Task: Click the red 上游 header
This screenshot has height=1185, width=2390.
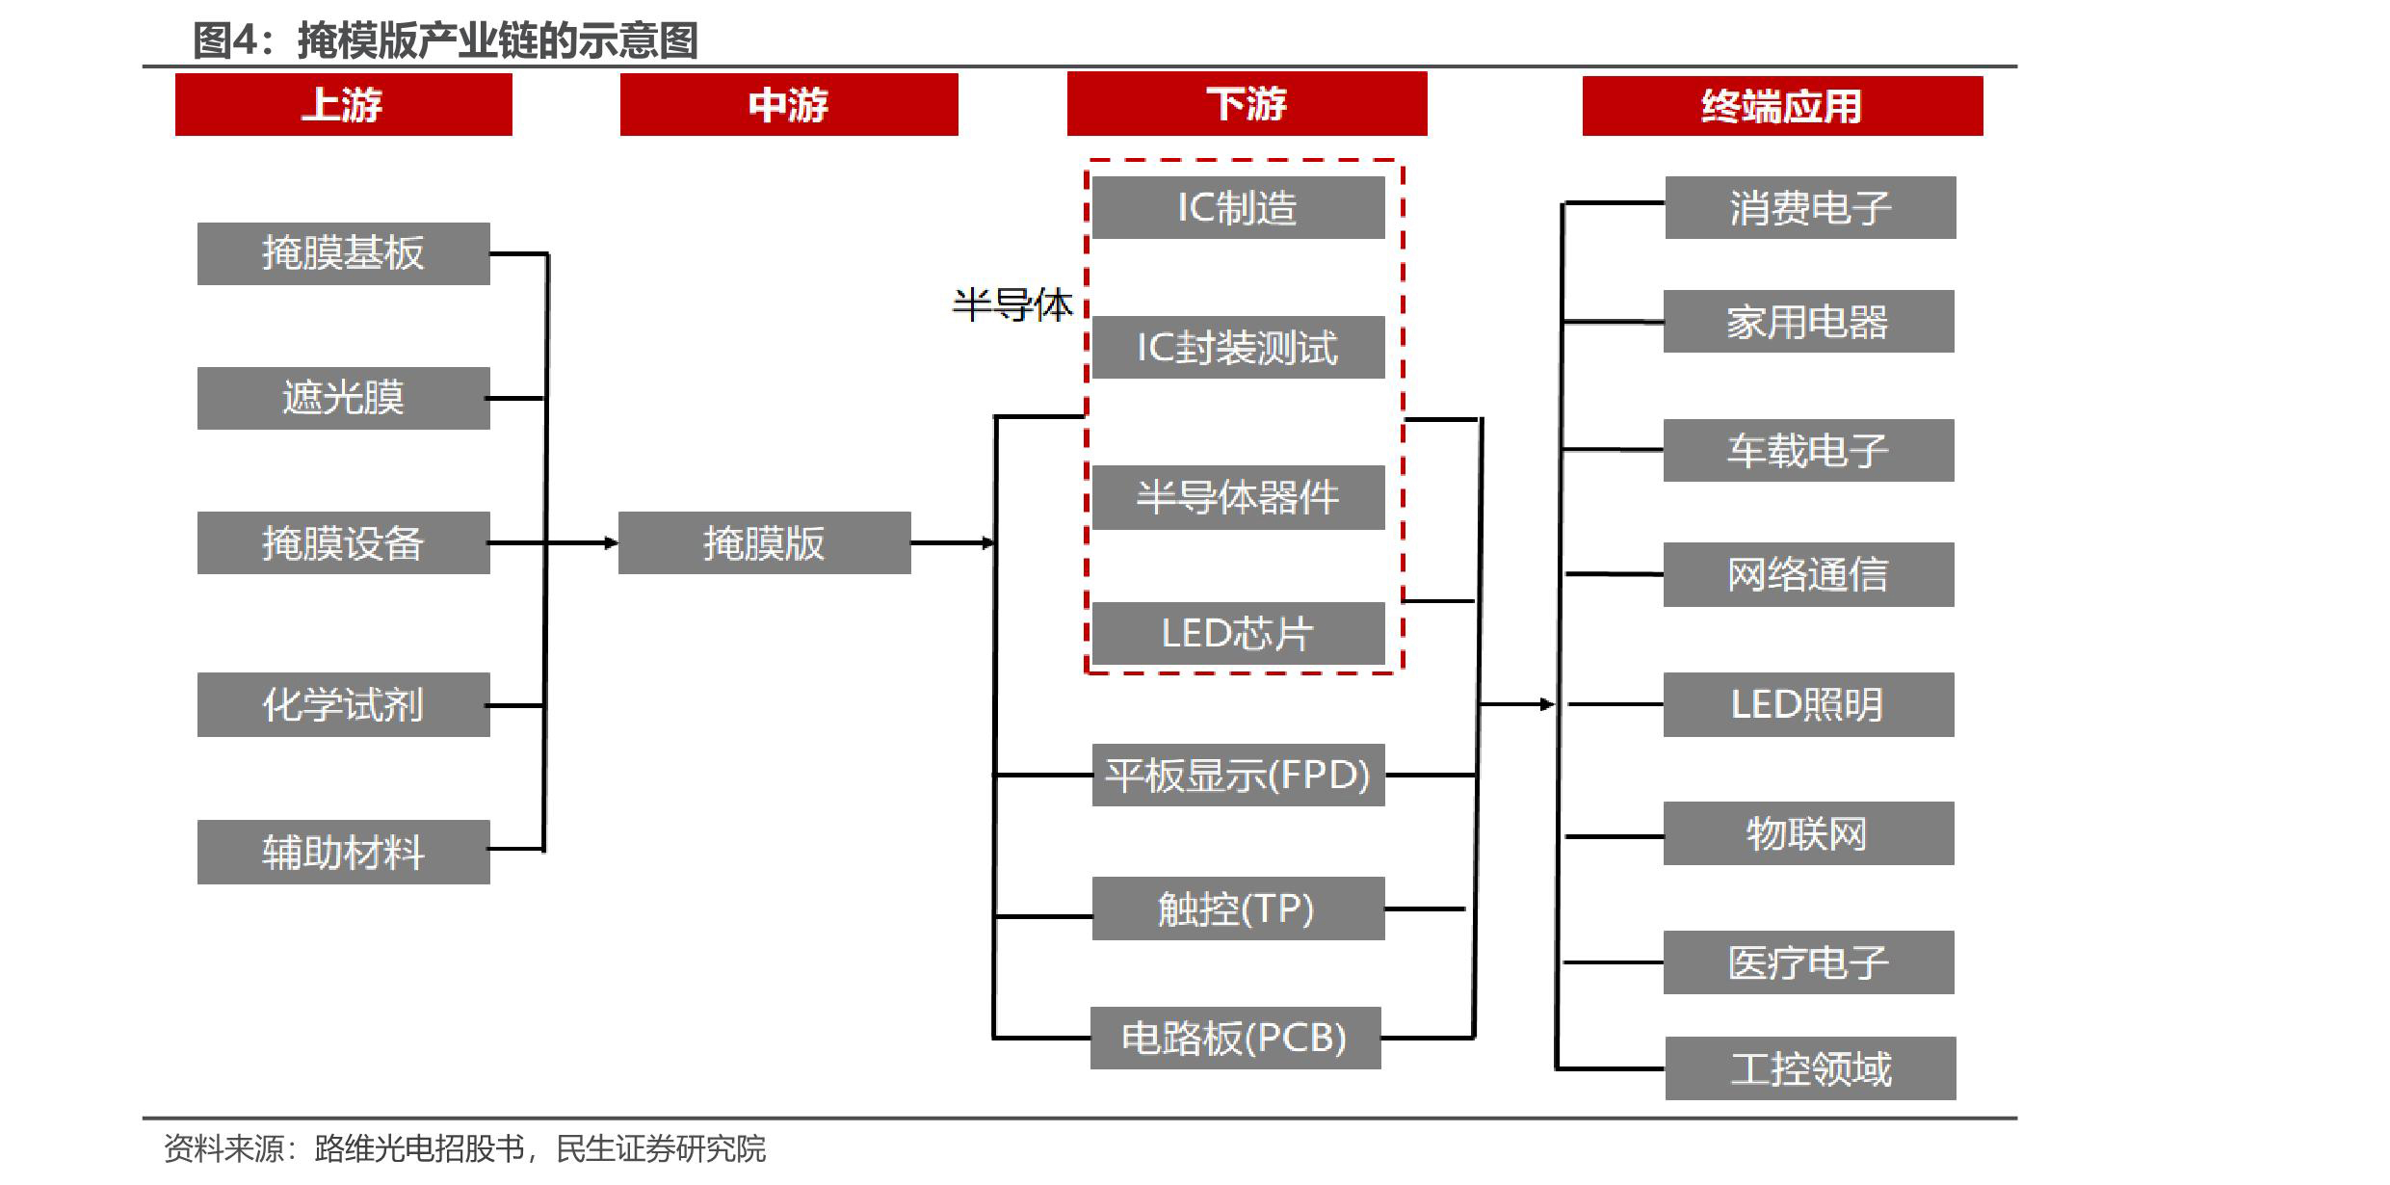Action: click(x=343, y=105)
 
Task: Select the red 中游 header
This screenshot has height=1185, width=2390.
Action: click(x=788, y=105)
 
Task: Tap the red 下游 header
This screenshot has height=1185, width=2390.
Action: click(x=1246, y=104)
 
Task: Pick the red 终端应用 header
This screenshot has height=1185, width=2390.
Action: click(x=1781, y=106)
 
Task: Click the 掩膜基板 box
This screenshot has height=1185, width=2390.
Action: click(x=343, y=253)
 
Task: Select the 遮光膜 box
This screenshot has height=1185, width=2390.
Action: click(x=343, y=398)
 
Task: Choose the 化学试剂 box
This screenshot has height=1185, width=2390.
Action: click(x=343, y=704)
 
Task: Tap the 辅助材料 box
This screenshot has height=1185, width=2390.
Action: click(x=343, y=852)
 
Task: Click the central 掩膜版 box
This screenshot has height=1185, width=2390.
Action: click(x=764, y=543)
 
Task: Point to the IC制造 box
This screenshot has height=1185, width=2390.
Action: click(x=1238, y=207)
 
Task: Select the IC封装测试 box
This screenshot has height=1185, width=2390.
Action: click(x=1238, y=347)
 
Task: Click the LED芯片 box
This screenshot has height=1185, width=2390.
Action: click(x=1238, y=633)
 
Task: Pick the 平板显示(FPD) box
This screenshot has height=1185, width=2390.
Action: click(x=1238, y=775)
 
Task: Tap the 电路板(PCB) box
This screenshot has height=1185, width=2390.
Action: click(x=1235, y=1038)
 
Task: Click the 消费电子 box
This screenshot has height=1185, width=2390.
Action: click(x=1810, y=207)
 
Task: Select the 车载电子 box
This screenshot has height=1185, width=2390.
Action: click(x=1808, y=450)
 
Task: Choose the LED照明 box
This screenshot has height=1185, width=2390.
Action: click(x=1808, y=704)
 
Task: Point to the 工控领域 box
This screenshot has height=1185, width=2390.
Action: click(x=1810, y=1068)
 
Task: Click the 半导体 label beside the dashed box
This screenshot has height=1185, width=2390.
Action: click(x=1011, y=305)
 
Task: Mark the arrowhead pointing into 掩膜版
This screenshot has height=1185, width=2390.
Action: click(x=611, y=543)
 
